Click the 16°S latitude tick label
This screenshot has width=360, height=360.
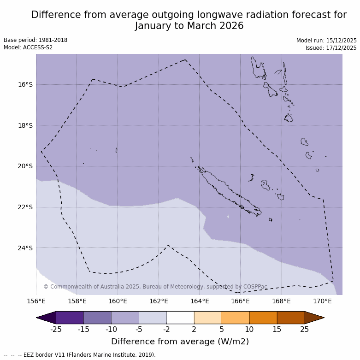click(x=25, y=84)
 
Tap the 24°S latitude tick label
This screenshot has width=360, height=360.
click(x=25, y=248)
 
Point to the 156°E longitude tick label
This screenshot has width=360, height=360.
click(x=36, y=301)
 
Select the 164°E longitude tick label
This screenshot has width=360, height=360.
click(x=200, y=301)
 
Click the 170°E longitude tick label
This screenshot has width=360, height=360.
click(x=322, y=301)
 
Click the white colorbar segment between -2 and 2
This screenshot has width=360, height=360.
click(x=180, y=318)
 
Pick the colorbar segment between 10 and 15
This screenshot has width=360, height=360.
click(x=263, y=318)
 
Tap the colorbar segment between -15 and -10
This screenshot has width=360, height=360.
click(x=97, y=318)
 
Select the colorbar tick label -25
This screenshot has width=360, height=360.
click(x=56, y=329)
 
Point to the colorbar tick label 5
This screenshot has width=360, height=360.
click(x=222, y=329)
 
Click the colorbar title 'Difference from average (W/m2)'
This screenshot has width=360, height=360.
click(x=180, y=342)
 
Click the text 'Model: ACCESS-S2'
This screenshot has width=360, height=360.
click(x=28, y=47)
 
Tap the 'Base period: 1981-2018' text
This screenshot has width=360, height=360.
click(x=35, y=40)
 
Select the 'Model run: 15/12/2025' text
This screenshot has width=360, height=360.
click(x=326, y=41)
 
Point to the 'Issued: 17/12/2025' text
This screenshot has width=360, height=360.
click(x=331, y=48)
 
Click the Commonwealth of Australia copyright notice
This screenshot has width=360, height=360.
click(x=155, y=287)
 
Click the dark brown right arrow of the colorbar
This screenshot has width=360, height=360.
click(x=314, y=318)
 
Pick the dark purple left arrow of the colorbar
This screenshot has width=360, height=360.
click(x=46, y=318)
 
